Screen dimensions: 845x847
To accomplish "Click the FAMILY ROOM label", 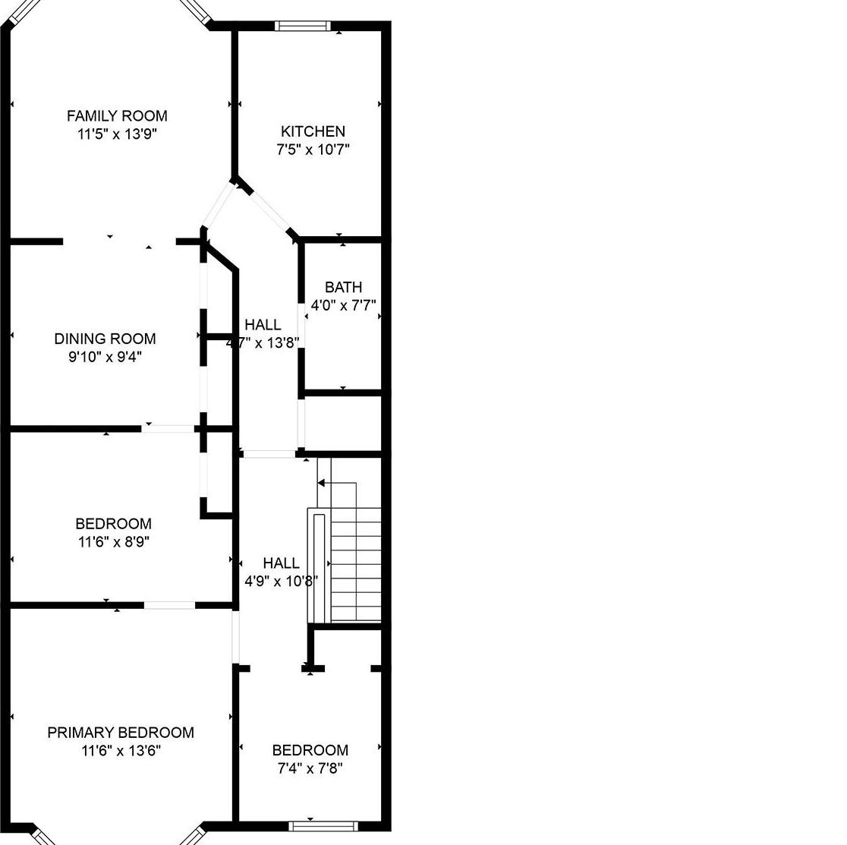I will pos(117,116).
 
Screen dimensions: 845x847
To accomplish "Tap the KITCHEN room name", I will pos(313,131).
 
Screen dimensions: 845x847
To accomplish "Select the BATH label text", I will pos(343,287).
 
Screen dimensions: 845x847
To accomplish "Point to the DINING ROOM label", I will pos(105,339).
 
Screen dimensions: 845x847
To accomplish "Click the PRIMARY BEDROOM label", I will pos(121,733).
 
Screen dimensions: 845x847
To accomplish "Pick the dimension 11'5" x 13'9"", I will pos(117,134).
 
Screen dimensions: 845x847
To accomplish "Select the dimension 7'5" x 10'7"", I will pos(313,150).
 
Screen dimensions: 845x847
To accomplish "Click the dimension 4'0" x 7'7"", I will pos(344,306).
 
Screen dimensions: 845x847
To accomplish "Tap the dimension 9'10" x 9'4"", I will pos(105,357).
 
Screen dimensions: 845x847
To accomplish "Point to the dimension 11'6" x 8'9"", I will pos(113,542).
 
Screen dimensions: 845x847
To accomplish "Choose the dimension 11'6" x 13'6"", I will pos(121,751).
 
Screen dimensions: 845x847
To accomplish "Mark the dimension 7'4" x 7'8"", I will pos(310,768).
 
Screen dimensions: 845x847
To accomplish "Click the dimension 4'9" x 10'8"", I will pos(281,582).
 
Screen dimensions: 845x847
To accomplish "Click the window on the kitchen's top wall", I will pos(303,26).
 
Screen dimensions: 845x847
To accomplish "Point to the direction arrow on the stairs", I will pos(322,483).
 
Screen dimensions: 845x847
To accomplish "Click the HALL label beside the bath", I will pos(263,325).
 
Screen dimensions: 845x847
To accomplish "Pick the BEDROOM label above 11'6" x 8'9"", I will pos(113,524).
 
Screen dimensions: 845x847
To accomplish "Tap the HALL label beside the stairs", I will pos(281,563).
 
